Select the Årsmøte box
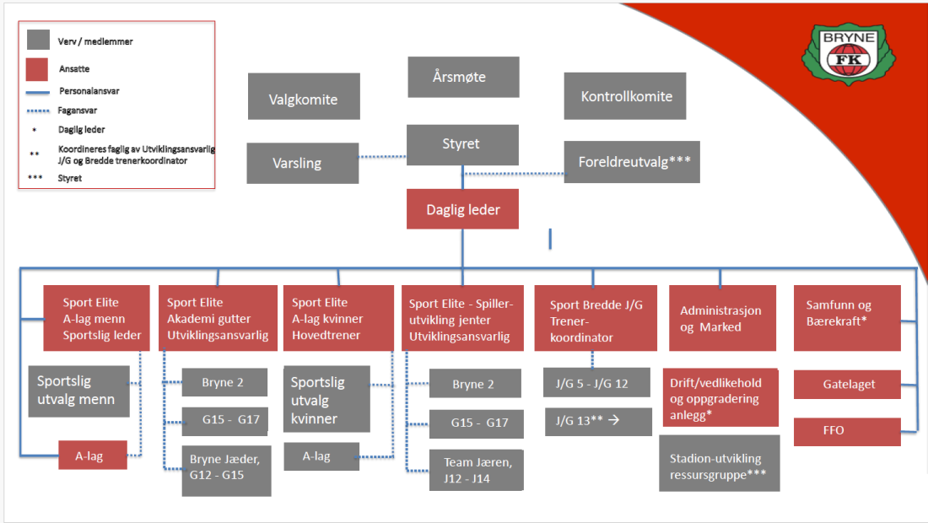[462, 78]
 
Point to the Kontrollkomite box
[626, 96]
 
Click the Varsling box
[302, 163]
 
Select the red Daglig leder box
[462, 208]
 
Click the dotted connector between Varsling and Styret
[382, 156]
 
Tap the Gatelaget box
[848, 385]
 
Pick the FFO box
[848, 430]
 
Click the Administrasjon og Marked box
[722, 318]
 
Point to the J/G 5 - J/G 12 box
[596, 382]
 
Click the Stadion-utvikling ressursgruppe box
[720, 466]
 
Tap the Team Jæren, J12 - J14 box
[476, 470]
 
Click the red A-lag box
[92, 456]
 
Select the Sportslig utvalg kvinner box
[326, 399]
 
